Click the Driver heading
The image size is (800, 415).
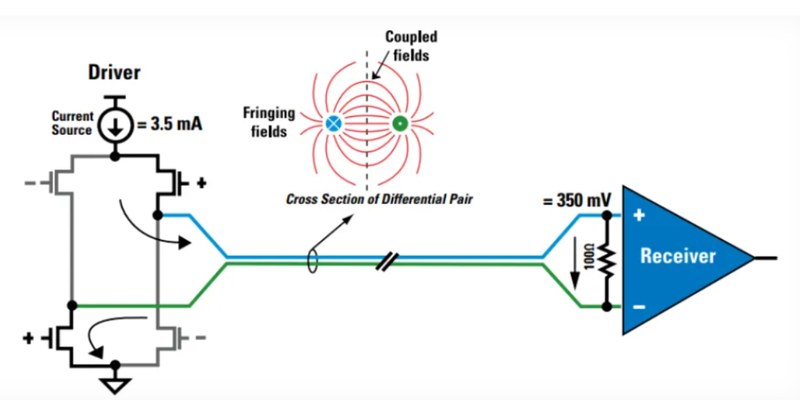pos(114,72)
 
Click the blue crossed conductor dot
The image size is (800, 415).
pos(333,124)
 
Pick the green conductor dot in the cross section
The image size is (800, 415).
pos(399,124)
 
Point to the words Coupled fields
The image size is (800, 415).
pos(411,46)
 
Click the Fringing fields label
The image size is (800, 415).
pos(269,122)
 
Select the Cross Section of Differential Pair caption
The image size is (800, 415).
pos(379,199)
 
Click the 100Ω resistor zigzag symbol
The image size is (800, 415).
pos(607,260)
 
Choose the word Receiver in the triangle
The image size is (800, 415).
pos(678,256)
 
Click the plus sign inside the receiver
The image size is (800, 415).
pos(639,215)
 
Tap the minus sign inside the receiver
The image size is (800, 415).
pos(639,307)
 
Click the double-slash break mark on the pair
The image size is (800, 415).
pos(387,261)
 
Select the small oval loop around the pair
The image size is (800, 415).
pos(313,260)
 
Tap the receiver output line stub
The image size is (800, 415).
pos(766,258)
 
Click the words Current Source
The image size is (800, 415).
pos(72,124)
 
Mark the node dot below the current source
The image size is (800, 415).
pos(116,156)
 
